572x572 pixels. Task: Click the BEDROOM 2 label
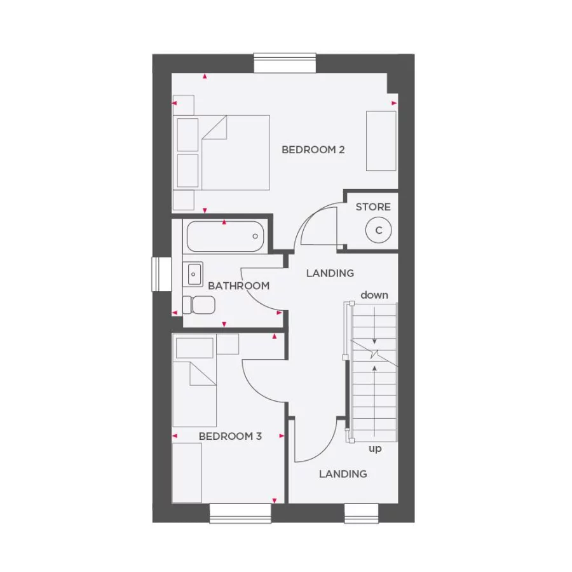[313, 150]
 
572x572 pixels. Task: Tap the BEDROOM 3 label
[230, 436]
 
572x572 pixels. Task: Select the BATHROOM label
[238, 286]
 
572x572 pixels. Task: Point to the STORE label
[373, 207]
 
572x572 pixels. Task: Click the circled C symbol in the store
[379, 230]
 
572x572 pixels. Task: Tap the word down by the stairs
[374, 295]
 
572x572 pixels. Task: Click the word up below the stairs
[375, 449]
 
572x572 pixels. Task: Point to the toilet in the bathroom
[198, 304]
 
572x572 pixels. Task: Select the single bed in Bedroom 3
[195, 381]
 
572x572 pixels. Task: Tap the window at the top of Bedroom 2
[285, 63]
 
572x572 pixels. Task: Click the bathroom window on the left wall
[161, 274]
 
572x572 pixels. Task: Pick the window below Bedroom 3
[240, 513]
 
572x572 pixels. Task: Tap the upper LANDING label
[330, 273]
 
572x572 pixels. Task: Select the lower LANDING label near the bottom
[343, 473]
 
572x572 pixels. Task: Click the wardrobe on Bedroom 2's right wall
[381, 140]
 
